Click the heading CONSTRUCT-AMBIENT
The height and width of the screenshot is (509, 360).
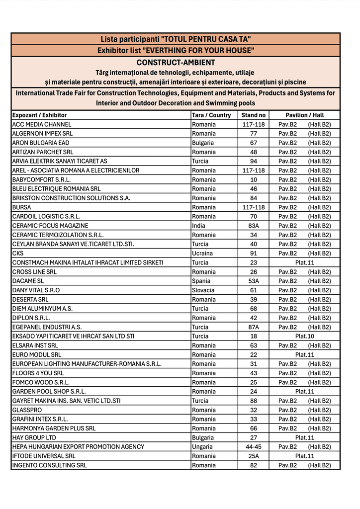click(176, 63)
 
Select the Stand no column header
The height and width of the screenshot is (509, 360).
click(254, 115)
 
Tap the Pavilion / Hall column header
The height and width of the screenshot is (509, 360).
click(304, 115)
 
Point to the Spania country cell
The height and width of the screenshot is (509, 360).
click(201, 281)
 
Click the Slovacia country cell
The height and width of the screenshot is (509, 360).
click(203, 290)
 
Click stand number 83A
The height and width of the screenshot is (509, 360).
click(254, 226)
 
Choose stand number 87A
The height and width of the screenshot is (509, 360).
click(254, 327)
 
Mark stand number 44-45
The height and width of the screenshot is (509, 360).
click(254, 447)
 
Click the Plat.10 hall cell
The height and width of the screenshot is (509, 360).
click(304, 337)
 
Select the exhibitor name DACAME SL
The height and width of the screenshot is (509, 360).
click(28, 281)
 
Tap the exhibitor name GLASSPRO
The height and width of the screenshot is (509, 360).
click(27, 410)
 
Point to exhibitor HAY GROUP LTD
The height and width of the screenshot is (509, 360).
click(34, 438)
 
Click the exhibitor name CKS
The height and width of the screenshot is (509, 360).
click(18, 254)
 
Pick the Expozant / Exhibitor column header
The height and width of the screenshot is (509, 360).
click(39, 115)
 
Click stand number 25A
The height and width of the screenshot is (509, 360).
click(254, 456)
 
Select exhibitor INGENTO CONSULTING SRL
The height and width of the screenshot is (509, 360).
click(49, 465)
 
